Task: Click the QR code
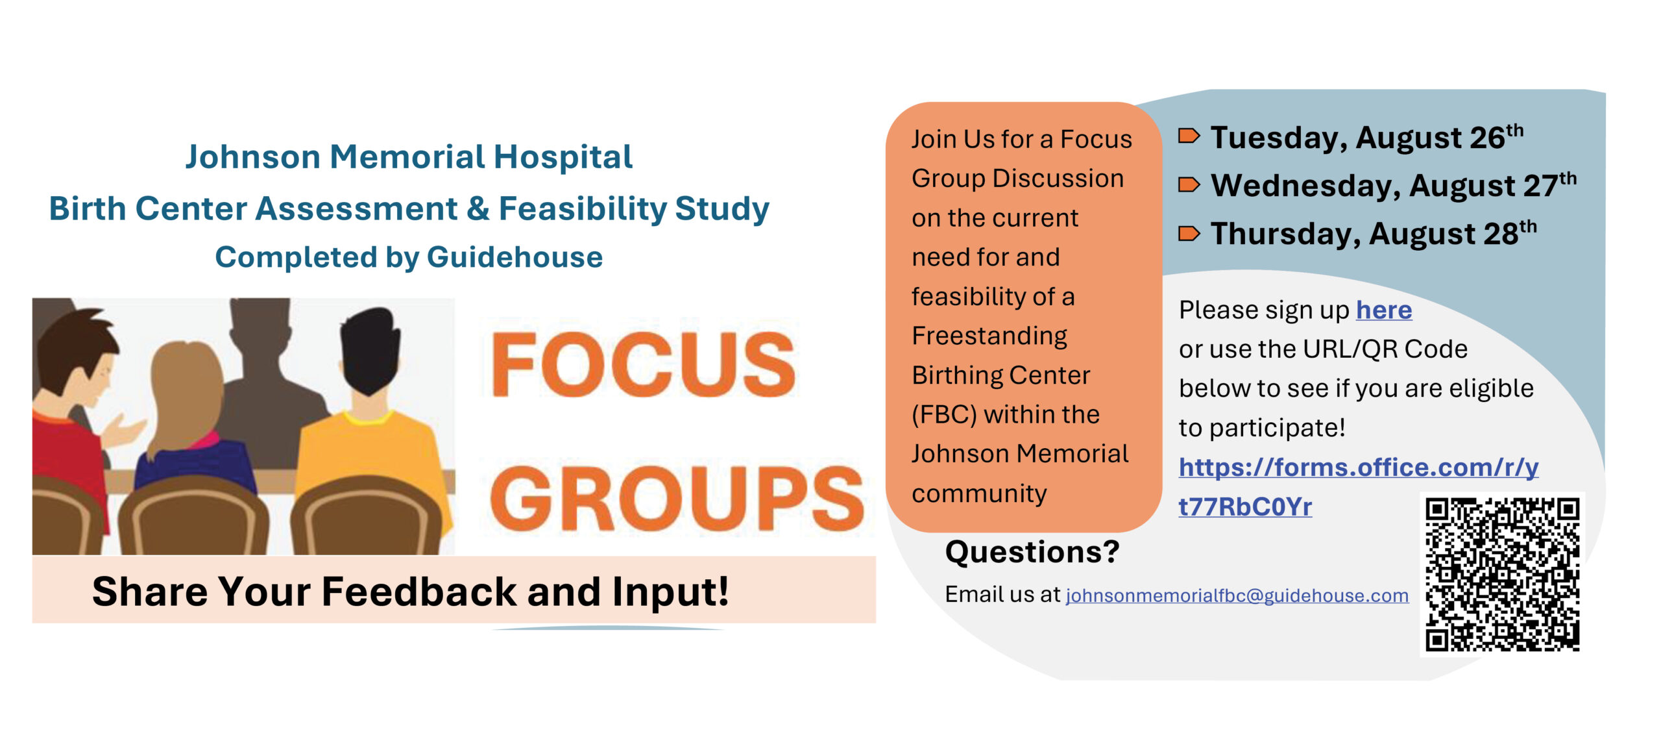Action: [1502, 574]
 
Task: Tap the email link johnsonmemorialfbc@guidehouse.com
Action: [1237, 595]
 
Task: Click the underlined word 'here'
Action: [1384, 310]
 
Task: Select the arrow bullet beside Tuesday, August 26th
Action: [1189, 136]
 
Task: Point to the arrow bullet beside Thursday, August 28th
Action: [1189, 233]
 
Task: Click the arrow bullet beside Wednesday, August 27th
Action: [1189, 185]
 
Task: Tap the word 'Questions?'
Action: [1032, 552]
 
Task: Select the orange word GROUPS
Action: [677, 498]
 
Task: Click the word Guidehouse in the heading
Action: [515, 257]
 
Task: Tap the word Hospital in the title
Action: [563, 157]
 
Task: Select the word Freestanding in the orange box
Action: [989, 336]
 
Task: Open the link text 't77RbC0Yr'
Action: [1245, 507]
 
